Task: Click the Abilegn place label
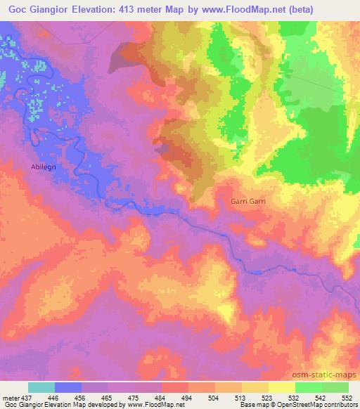pyautogui.click(x=44, y=168)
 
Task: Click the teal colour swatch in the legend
pyautogui.click(x=41, y=387)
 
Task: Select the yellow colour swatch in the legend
pyautogui.click(x=281, y=387)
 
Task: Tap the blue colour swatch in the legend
pyautogui.click(x=68, y=387)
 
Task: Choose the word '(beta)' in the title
pyautogui.click(x=299, y=9)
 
